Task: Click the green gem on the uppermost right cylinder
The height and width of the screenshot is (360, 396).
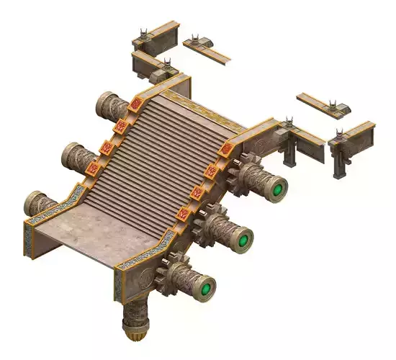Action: point(278,190)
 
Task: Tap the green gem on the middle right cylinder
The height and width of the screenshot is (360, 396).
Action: point(245,239)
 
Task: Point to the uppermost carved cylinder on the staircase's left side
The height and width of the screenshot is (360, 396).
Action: point(109,105)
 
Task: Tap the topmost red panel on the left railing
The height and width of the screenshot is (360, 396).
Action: point(135,105)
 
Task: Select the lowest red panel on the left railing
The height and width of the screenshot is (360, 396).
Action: point(93,169)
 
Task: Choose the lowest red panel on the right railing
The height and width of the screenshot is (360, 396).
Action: point(183,214)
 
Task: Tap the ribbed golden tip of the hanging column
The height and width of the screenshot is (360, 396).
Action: point(134,335)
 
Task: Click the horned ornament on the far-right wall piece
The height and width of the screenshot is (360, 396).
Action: point(340,133)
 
